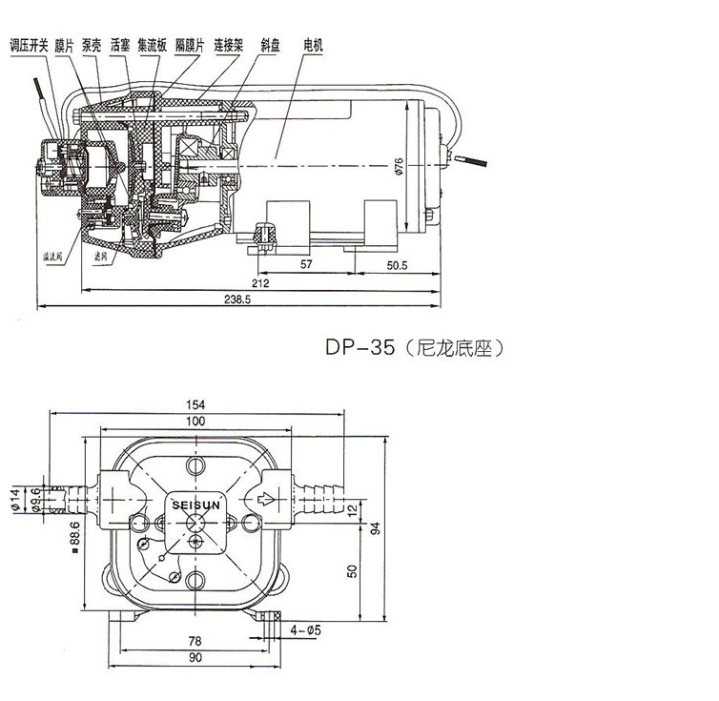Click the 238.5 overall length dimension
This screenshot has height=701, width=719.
coord(234,299)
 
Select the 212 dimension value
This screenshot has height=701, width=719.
coord(261,282)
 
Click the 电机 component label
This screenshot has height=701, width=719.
coord(314,45)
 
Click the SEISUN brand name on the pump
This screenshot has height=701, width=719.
coord(195,499)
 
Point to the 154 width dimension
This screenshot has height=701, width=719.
coord(197,404)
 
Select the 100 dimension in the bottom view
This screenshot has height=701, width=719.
coord(196,421)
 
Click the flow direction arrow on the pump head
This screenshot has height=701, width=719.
coord(269,498)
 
